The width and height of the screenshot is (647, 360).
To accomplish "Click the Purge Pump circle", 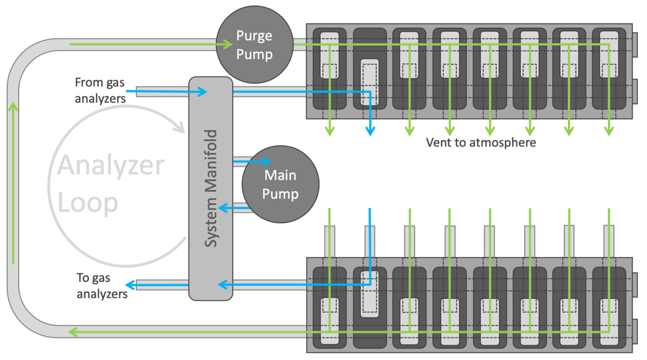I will point(254,45).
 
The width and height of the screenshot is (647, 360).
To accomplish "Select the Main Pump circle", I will point(280,185).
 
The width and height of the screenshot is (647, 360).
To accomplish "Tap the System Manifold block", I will point(211,189).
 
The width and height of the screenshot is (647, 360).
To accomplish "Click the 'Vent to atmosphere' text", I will point(480,142).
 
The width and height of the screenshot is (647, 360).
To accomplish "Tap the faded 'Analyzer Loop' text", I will point(110,183).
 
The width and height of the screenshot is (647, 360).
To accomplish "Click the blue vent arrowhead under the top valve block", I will point(370,131).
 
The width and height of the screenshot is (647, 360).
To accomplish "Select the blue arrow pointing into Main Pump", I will point(266,161).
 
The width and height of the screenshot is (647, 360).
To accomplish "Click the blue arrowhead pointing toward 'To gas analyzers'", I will point(131,285).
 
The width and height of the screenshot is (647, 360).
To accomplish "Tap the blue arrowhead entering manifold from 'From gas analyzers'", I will point(203,92).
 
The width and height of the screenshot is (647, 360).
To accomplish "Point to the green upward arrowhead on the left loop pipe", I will point(13,106).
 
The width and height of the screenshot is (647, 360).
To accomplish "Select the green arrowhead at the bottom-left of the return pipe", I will point(74,331).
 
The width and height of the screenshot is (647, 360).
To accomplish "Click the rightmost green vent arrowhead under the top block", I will point(609,132).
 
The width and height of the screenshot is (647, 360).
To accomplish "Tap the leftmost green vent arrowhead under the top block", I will point(329,132).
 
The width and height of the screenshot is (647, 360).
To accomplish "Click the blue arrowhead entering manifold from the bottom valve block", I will point(223,285).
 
